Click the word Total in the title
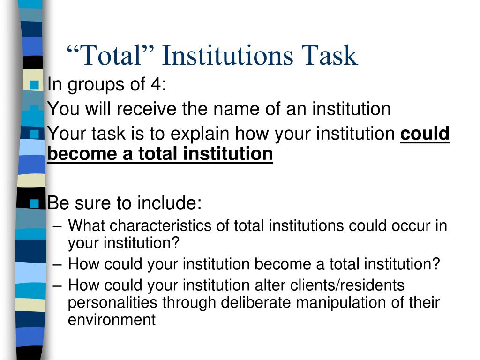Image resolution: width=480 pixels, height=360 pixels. pyautogui.click(x=110, y=55)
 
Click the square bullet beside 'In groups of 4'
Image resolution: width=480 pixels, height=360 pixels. pyautogui.click(x=34, y=85)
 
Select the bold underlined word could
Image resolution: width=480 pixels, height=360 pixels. pyautogui.click(x=425, y=134)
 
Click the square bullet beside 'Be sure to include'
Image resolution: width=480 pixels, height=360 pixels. pyautogui.click(x=34, y=203)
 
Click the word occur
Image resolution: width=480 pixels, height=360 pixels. pyautogui.click(x=412, y=226)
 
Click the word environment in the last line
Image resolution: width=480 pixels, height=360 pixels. pyautogui.click(x=112, y=320)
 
